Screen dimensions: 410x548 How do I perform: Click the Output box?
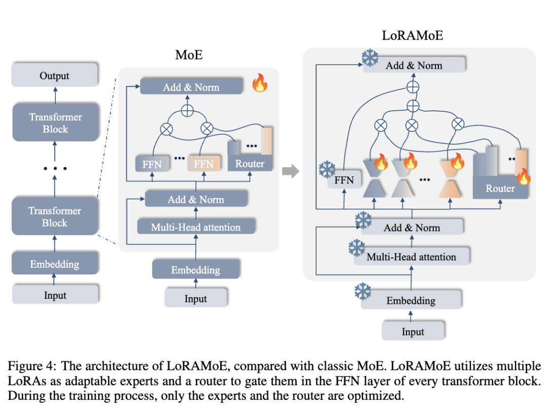[55, 76]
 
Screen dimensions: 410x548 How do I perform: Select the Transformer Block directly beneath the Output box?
[55, 122]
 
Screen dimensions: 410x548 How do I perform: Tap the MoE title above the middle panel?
[189, 55]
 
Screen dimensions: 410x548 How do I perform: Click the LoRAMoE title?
[412, 36]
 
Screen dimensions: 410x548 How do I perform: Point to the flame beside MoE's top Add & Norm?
[260, 83]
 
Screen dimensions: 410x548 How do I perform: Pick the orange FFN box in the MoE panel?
[203, 164]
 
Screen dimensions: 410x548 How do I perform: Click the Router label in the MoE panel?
[250, 164]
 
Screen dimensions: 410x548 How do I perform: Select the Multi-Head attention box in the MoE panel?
[196, 227]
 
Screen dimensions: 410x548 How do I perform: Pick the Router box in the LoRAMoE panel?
[500, 188]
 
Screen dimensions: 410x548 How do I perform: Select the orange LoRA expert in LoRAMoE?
[450, 177]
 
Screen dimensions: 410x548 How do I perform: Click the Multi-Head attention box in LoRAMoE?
[411, 257]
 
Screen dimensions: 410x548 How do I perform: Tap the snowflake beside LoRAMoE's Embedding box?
[362, 292]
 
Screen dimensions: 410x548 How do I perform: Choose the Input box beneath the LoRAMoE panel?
[413, 332]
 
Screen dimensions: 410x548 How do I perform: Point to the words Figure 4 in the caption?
[29, 366]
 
